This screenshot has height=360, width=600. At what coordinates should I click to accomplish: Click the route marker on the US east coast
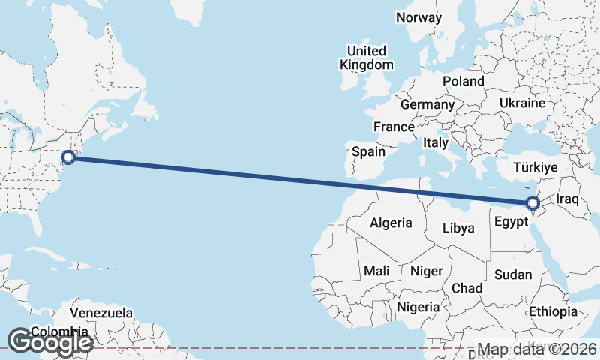[x=68, y=157]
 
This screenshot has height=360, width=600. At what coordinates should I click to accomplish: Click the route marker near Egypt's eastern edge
[x=532, y=203]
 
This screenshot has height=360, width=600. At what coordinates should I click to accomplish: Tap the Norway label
[x=419, y=17]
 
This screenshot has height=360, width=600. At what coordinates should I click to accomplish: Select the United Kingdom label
[x=366, y=58]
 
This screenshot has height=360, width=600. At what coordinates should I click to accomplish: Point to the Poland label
[x=463, y=80]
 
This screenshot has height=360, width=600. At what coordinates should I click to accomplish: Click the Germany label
[x=427, y=104]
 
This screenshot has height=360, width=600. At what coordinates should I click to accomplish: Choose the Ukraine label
[x=520, y=101]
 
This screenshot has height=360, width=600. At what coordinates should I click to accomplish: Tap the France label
[x=394, y=127]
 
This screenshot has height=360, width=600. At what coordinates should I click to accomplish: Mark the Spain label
[x=369, y=151]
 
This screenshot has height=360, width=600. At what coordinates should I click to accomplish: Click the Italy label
[x=436, y=142]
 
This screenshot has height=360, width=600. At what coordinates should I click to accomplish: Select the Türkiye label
[x=534, y=167]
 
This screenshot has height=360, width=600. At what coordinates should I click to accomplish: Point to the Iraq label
[x=568, y=199]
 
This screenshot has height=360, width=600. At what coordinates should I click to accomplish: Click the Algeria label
[x=391, y=223]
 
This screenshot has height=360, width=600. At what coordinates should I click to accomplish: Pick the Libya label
[x=458, y=228]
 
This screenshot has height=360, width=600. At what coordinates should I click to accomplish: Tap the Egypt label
[x=513, y=222]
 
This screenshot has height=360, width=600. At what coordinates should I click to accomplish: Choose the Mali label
[x=375, y=270]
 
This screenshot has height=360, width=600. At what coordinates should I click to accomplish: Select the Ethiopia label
[x=553, y=311]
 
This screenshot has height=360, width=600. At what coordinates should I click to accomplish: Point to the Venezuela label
[x=101, y=312]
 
